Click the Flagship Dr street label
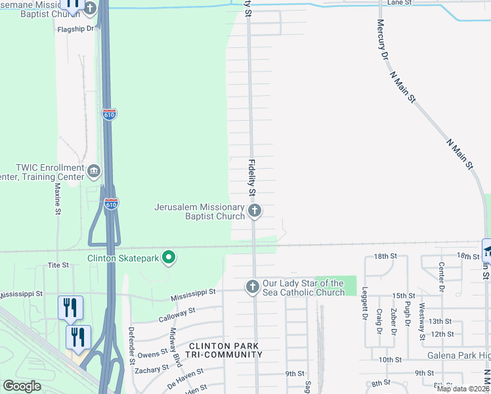pos(77,29)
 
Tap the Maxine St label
pos(57,199)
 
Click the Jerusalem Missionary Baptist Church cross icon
pos(255,211)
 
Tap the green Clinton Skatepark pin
pos(169,257)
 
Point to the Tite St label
pos(58,265)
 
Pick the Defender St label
pos(131,345)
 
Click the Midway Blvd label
pos(175,346)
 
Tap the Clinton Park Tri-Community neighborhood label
pos(226,350)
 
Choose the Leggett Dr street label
pos(364,306)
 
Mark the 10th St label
pos(389,360)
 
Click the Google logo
pos(22,386)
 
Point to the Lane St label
pos(398,3)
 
